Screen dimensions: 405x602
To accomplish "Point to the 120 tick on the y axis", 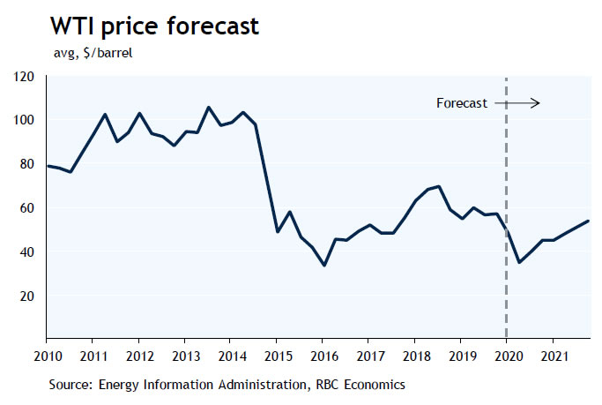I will point(24,77).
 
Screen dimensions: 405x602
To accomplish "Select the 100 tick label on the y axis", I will point(24,120).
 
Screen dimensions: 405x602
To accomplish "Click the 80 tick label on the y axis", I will point(27,164).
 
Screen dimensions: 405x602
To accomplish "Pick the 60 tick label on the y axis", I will point(27,208).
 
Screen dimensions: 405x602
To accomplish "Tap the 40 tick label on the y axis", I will point(27,252).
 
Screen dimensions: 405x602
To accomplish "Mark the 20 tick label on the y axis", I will point(27,296).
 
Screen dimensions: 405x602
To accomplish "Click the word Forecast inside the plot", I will point(461,103).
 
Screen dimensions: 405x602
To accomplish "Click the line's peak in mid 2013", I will point(208,108).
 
